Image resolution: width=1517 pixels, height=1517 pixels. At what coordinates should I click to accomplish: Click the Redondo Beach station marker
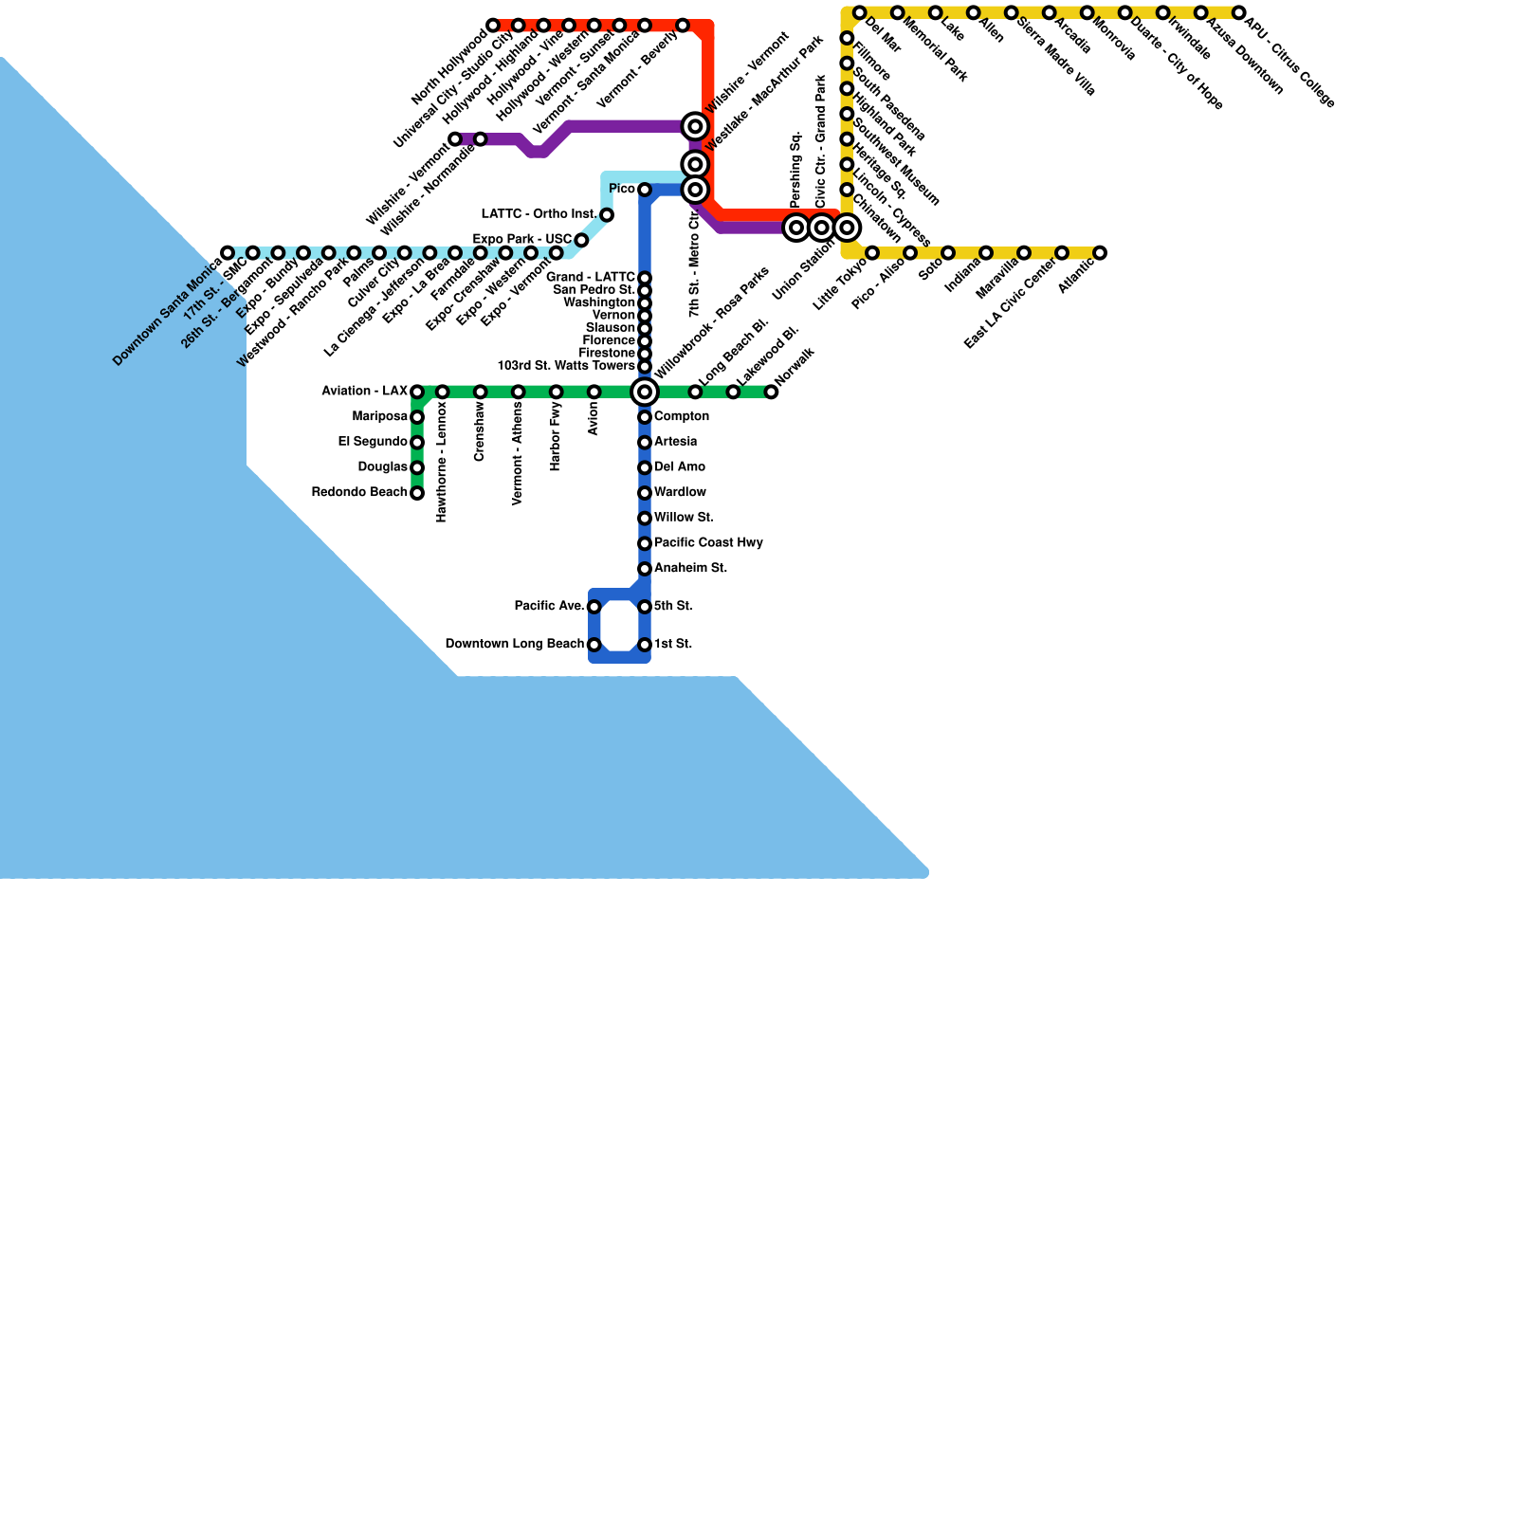417,493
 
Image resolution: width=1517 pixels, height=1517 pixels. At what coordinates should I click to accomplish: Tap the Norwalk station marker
772,392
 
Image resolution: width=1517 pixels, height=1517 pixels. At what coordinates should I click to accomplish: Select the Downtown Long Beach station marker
594,645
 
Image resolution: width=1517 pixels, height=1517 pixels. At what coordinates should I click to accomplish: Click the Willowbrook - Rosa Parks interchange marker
645,392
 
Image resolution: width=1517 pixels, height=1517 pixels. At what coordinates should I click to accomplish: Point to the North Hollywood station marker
493,26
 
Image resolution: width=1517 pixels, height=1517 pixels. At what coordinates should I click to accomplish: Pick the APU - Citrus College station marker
1238,12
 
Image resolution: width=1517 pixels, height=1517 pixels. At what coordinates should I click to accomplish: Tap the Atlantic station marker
1100,253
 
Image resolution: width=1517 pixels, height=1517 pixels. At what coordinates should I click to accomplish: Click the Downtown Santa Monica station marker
228,253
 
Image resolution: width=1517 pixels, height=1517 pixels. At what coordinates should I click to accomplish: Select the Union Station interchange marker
848,228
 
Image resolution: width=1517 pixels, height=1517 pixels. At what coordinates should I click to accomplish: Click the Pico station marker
645,190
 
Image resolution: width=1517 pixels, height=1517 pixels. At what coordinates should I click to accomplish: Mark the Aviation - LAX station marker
417,392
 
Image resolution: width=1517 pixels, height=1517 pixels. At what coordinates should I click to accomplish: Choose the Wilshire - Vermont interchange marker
696,126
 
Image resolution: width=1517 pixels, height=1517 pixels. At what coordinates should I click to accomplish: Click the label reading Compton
682,416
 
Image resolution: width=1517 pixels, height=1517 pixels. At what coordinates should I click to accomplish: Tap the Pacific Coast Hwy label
708,542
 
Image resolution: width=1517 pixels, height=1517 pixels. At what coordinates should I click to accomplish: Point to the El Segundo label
373,442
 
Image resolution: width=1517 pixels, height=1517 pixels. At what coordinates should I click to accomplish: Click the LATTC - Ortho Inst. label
539,214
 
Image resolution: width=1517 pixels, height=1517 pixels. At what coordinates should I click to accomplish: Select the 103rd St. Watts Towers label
565,366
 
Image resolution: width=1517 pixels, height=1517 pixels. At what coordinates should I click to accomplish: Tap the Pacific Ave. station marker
594,607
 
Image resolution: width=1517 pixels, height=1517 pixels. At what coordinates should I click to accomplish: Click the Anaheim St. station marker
645,569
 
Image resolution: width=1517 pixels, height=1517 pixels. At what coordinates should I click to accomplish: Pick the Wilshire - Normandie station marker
481,139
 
